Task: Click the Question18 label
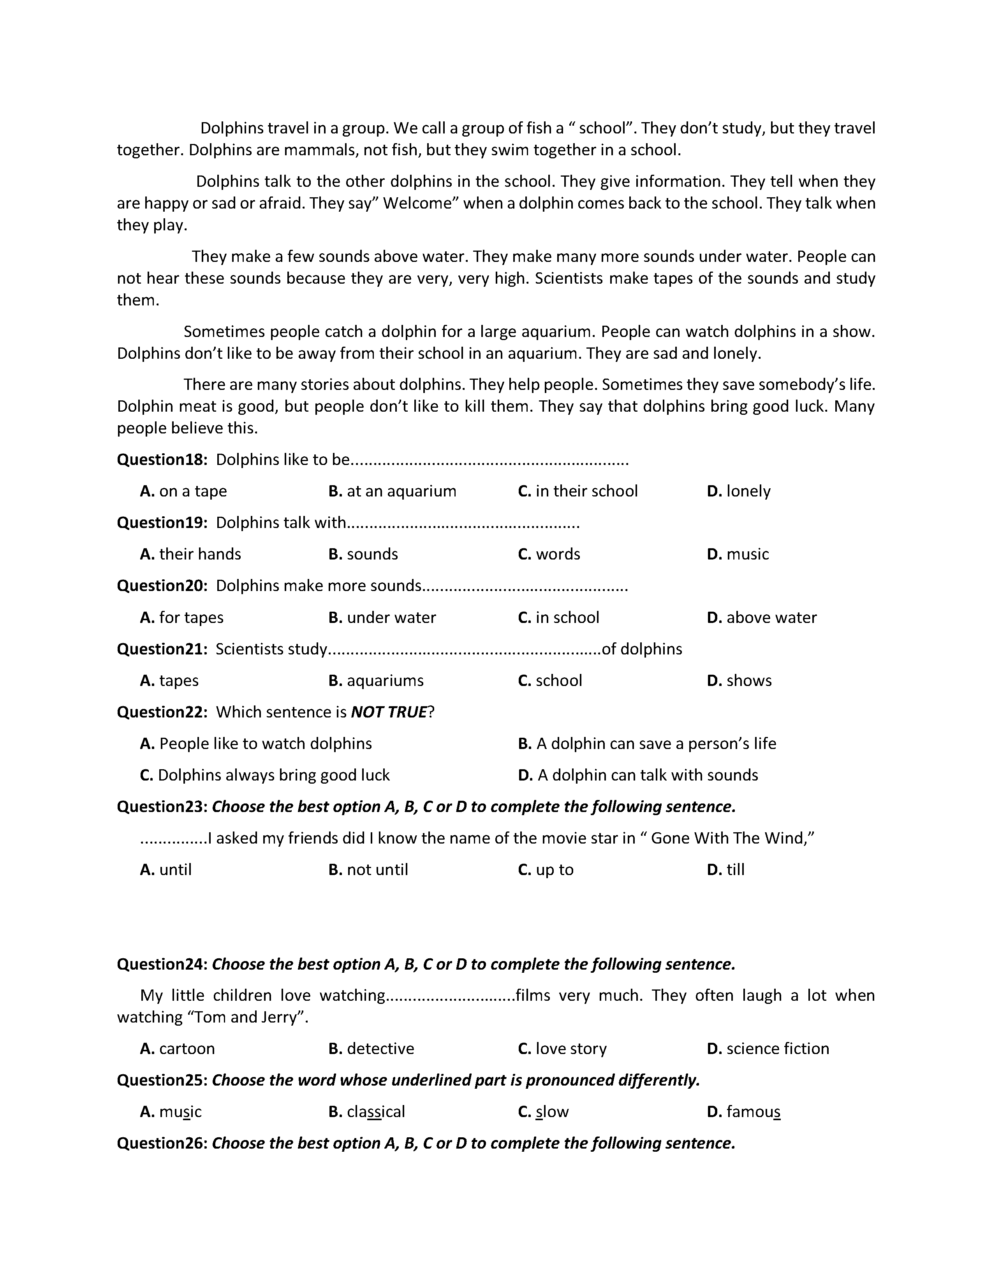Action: click(x=162, y=460)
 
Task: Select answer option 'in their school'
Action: click(x=586, y=491)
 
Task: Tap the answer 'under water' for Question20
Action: click(x=391, y=617)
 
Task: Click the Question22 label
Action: click(x=162, y=712)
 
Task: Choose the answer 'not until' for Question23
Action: click(x=377, y=870)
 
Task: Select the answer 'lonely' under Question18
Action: click(x=748, y=491)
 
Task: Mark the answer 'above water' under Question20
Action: click(x=771, y=617)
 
